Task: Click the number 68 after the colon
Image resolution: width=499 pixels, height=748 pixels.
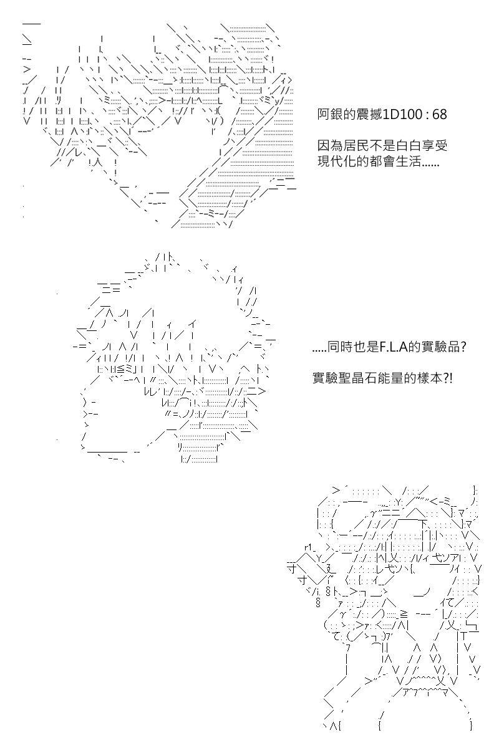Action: coord(440,115)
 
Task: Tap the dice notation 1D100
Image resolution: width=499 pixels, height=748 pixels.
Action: coord(399,115)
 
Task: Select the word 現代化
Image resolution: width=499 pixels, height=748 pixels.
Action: coord(337,161)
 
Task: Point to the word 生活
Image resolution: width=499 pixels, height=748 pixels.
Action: coord(408,161)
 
